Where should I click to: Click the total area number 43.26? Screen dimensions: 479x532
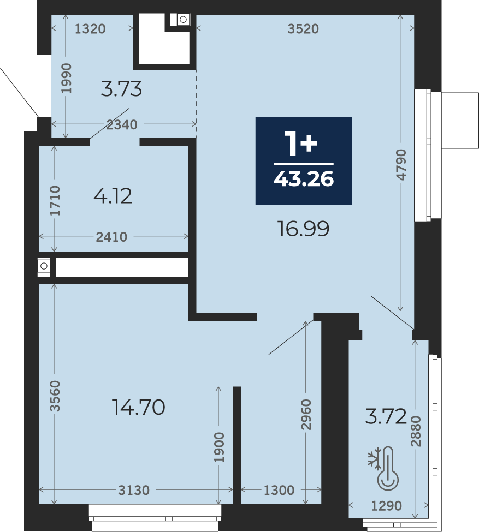(304, 178)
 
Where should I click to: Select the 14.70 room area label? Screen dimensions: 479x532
(138, 407)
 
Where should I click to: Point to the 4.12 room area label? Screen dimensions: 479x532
(113, 196)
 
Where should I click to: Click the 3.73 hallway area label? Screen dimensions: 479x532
(121, 89)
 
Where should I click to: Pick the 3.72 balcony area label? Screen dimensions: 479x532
(386, 416)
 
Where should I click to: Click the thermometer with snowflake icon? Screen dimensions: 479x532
(383, 468)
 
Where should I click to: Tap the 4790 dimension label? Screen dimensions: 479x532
(401, 165)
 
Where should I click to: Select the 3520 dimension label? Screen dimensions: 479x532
(303, 29)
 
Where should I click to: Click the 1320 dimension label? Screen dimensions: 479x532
(90, 29)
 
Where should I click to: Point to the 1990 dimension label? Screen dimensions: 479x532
(66, 78)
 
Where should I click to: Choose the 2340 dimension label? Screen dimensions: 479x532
(122, 125)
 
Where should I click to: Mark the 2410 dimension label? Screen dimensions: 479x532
(111, 237)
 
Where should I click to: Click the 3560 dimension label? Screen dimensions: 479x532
(55, 396)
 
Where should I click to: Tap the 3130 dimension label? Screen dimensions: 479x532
(134, 490)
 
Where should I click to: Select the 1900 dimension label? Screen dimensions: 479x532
(219, 447)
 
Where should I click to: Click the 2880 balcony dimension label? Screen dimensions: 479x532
(416, 431)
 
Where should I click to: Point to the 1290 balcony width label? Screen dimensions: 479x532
(387, 505)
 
